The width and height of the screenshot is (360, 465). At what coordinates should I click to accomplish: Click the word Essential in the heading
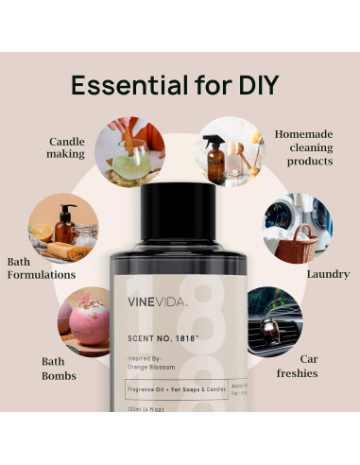[x=122, y=84]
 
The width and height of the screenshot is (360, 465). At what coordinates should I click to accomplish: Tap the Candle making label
[x=66, y=148]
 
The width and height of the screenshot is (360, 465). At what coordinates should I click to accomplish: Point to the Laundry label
[x=328, y=274]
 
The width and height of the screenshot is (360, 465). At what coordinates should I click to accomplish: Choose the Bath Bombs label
[x=59, y=369]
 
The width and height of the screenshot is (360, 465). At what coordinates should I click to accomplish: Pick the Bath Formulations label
[x=41, y=267]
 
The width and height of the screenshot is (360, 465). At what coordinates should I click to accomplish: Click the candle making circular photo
[x=135, y=151]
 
